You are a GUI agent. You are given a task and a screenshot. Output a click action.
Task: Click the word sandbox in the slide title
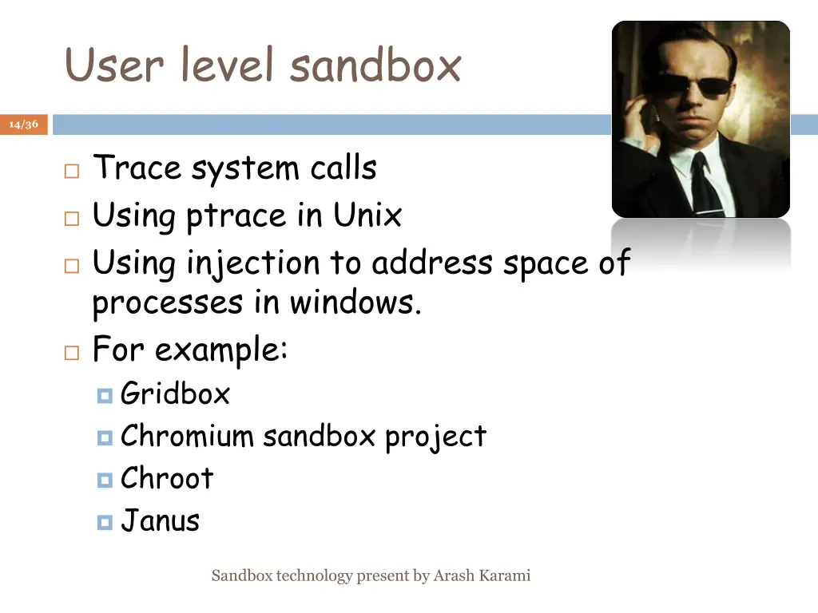click(x=375, y=65)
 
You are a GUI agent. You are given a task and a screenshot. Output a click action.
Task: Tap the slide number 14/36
click(x=24, y=125)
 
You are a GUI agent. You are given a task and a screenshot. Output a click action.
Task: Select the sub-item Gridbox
click(x=175, y=394)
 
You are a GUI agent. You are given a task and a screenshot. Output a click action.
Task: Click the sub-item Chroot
click(x=167, y=478)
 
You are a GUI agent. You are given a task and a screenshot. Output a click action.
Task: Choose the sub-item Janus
click(x=160, y=520)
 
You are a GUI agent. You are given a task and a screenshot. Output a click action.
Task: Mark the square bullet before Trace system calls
click(x=71, y=171)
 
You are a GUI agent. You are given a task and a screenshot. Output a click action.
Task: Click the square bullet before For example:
click(x=71, y=352)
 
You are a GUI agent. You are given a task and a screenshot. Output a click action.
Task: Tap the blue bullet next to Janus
click(x=105, y=522)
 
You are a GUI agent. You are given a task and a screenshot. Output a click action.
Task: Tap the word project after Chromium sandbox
click(x=435, y=437)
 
